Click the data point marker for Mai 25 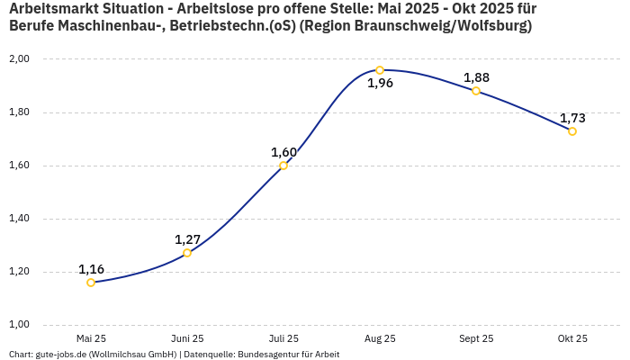91,283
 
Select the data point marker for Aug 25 380,70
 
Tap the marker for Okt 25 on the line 572,131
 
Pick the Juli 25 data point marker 283,166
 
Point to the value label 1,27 187,239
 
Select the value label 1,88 476,77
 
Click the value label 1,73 572,118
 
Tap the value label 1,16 91,269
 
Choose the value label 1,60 283,152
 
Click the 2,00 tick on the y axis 19,59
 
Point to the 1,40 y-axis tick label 19,219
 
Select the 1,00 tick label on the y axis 19,325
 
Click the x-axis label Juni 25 187,339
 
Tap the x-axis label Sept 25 476,339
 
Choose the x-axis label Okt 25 572,339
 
